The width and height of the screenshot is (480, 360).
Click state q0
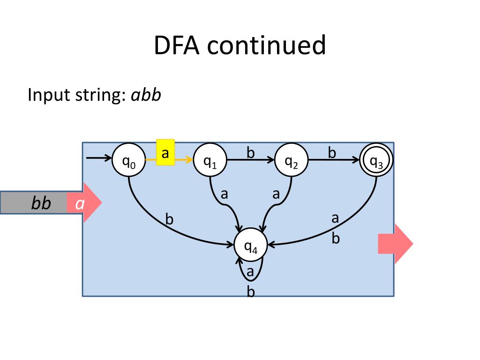click(128, 160)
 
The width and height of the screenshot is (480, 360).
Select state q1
click(210, 160)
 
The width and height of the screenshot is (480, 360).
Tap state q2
click(292, 160)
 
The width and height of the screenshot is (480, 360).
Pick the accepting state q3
click(376, 160)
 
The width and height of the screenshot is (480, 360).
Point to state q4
click(251, 245)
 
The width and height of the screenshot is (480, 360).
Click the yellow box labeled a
click(165, 152)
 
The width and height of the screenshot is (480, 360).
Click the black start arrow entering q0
click(99, 158)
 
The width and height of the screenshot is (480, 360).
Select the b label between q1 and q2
click(251, 152)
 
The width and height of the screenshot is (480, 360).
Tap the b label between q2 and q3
click(332, 152)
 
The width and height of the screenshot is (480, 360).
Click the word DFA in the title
click(177, 45)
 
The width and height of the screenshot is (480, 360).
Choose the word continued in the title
click(266, 45)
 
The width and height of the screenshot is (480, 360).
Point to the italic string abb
click(146, 95)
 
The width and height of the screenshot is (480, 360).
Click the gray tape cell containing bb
click(34, 202)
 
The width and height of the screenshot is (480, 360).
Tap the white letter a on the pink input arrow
click(80, 203)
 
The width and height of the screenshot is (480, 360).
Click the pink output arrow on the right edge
click(396, 244)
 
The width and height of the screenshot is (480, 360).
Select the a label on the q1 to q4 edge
click(225, 194)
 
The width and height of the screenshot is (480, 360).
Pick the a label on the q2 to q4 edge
click(276, 194)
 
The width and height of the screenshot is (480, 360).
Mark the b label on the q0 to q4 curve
click(169, 219)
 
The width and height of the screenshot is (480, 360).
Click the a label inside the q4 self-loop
click(250, 272)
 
